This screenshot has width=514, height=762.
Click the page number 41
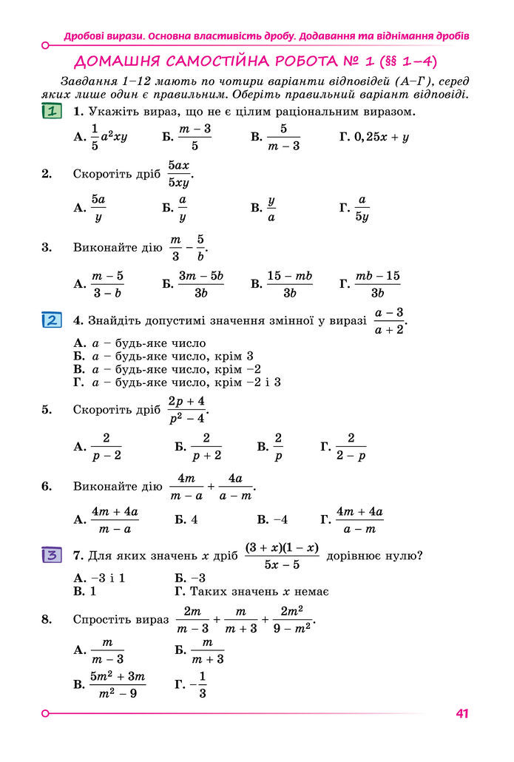463,713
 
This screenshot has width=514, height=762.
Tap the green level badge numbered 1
52,112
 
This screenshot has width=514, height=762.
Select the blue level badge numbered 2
52,320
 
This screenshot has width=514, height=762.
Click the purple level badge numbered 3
52,555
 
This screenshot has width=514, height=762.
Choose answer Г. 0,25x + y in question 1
374,137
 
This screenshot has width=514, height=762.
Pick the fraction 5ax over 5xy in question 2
179,175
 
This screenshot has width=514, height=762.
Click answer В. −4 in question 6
272,519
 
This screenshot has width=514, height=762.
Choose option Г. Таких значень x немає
251,592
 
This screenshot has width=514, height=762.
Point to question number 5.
47,409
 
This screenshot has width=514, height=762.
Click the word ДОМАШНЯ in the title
118,61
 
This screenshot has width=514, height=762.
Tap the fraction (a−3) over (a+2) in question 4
389,321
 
